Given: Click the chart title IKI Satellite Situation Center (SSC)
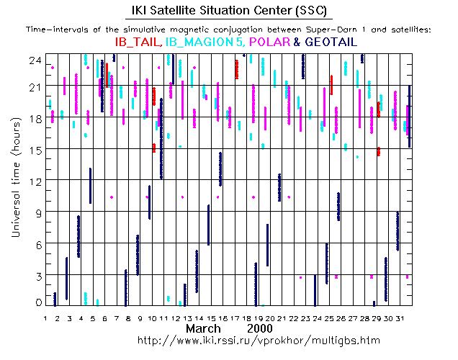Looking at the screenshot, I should [x=228, y=10].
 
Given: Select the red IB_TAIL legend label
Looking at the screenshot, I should [x=138, y=42].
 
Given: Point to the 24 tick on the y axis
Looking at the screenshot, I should [x=33, y=61].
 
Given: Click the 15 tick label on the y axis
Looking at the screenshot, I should [x=33, y=149].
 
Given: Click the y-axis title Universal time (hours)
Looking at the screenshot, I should [x=14, y=181].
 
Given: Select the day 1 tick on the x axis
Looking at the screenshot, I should [x=46, y=318].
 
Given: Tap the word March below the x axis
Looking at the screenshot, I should [x=204, y=328].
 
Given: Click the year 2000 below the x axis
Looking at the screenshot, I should [x=259, y=328].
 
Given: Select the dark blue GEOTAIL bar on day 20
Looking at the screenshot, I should [x=267, y=245].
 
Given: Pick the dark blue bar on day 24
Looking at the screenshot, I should [x=315, y=290].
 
